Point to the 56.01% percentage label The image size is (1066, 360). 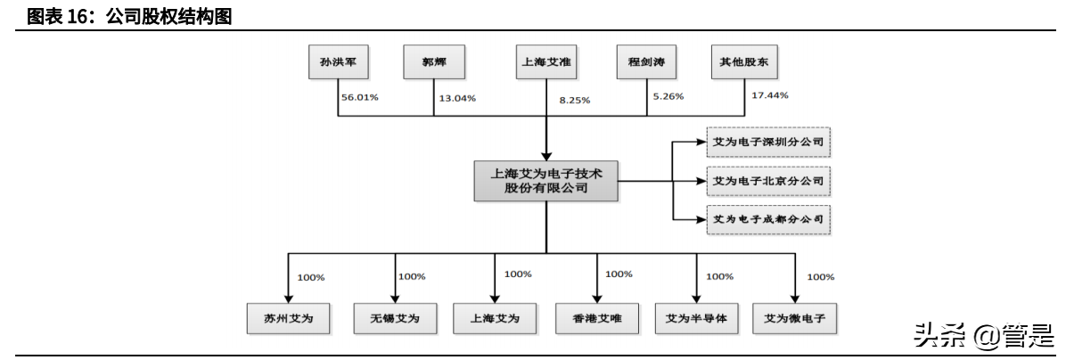point(360,96)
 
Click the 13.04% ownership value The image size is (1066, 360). point(456,97)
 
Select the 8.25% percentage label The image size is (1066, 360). point(574,101)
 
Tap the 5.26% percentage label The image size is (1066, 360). point(668,96)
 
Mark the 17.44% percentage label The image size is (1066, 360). point(769,94)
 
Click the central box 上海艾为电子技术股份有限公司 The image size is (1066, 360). point(545,181)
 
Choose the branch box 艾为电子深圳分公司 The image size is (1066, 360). point(767,143)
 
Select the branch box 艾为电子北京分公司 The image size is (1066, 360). point(767,181)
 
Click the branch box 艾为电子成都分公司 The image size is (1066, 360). point(767,218)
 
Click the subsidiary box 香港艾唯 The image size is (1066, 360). point(595,318)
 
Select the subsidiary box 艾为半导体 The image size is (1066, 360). point(696,318)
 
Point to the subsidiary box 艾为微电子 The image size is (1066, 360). point(794,318)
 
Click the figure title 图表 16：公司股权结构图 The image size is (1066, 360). point(129,15)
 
